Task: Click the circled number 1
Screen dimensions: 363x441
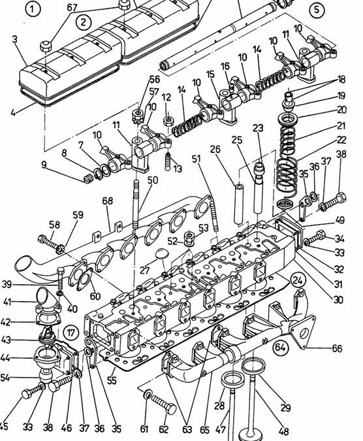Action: coord(33,9)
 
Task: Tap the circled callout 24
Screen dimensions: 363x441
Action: coord(298,280)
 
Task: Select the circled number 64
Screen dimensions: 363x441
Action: coord(280,348)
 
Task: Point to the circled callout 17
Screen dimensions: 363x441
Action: coord(71,333)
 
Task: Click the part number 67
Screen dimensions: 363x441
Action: coord(72,7)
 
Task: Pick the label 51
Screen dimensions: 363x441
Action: coord(197,159)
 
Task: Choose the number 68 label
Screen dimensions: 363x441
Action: coord(108,201)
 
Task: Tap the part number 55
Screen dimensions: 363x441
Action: coord(112,380)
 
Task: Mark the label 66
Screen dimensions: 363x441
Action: coord(337,348)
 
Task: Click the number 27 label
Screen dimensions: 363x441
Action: coord(145,270)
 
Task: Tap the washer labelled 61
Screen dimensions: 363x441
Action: coord(147,394)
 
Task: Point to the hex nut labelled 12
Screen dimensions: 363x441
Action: coord(168,121)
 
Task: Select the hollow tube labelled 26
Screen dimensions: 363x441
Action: coord(239,204)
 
